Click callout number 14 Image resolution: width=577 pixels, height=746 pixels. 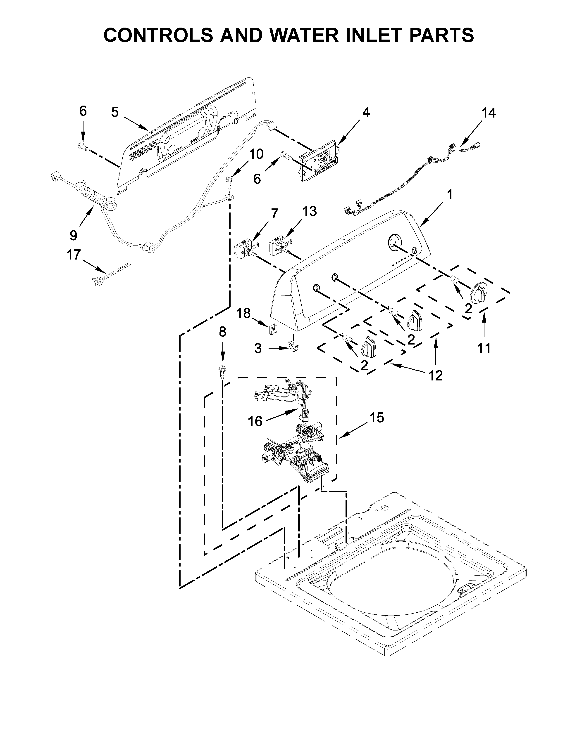coord(489,113)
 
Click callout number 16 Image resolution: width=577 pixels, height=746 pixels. coord(255,421)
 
